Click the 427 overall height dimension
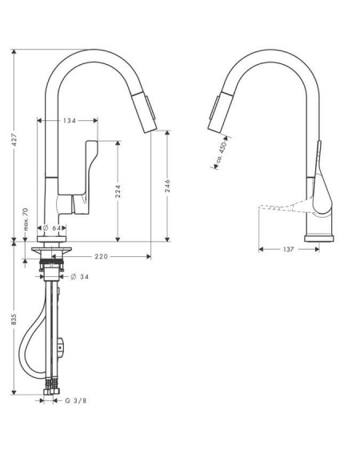pos(14,140)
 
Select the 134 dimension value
pos(70,120)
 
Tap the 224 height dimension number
pos(118,191)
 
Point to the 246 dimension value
pos(167,187)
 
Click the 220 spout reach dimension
pos(102,256)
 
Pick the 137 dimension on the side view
pos(289,249)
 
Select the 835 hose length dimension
pos(14,319)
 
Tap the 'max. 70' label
pos(26,219)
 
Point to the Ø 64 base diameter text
pos(52,228)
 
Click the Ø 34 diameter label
pos(79,277)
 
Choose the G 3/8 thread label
pos(75,400)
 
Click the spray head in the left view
pos(145,111)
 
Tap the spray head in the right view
pos(221,111)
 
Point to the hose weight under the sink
pos(61,347)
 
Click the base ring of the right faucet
pos(319,239)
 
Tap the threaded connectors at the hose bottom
pos(51,386)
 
